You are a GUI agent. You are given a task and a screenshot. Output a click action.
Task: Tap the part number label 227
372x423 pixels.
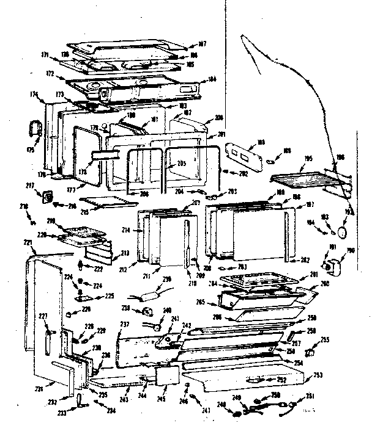tap(42, 316)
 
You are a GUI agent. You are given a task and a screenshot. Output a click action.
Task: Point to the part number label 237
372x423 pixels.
tap(124, 324)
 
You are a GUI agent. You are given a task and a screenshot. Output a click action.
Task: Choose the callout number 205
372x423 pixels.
tap(181, 164)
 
